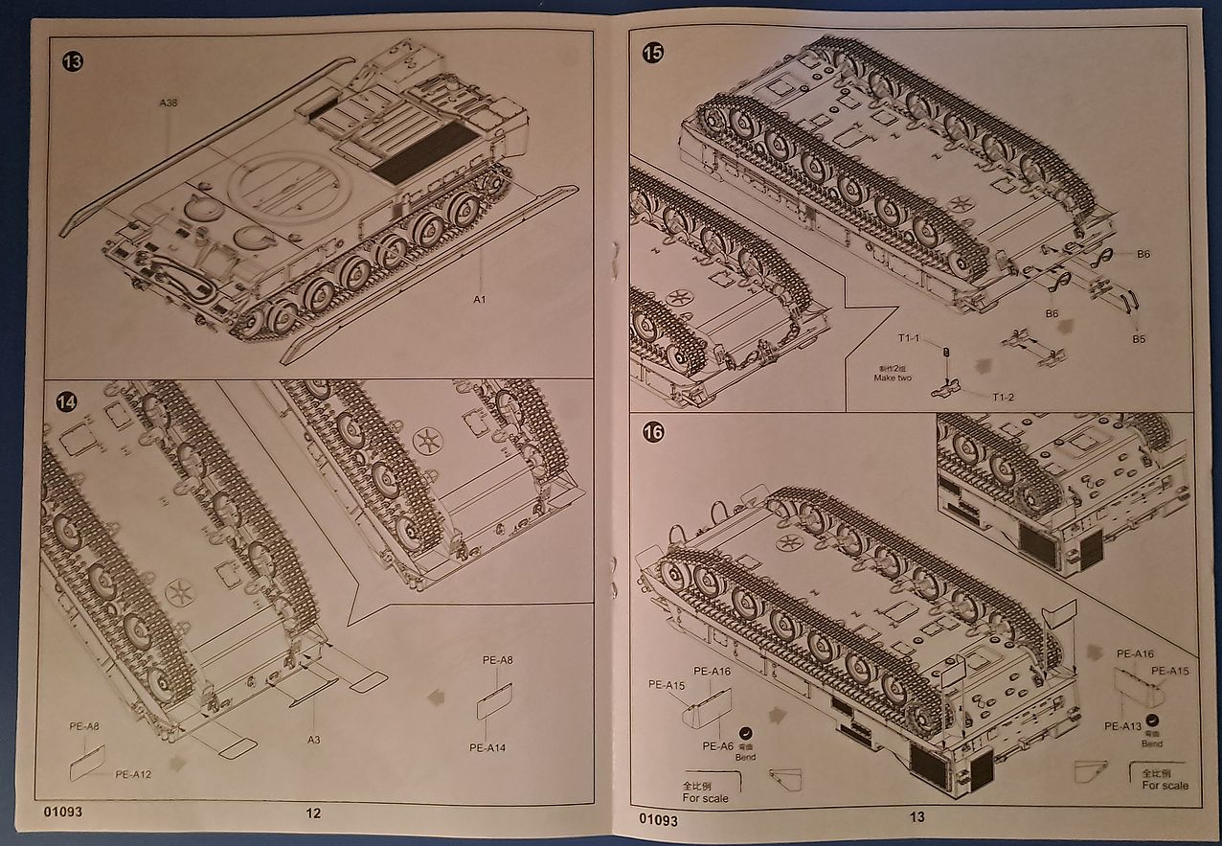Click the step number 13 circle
[x=72, y=63]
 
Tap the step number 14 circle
[x=66, y=402]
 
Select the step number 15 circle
[x=653, y=54]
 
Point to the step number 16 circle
[x=653, y=433]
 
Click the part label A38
[x=170, y=103]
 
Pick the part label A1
[x=480, y=300]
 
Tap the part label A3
[x=314, y=739]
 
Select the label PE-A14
[x=487, y=747]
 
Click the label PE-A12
[x=133, y=774]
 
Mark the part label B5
[x=1139, y=339]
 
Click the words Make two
[x=892, y=377]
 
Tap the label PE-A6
[x=717, y=746]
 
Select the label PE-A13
[x=1122, y=725]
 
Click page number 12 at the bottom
[x=313, y=814]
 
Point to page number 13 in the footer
[x=916, y=816]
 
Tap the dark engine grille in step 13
[x=424, y=152]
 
